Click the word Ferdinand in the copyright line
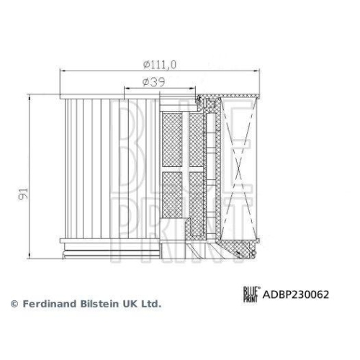click(x=47, y=305)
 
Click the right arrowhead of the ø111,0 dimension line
click(x=258, y=71)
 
